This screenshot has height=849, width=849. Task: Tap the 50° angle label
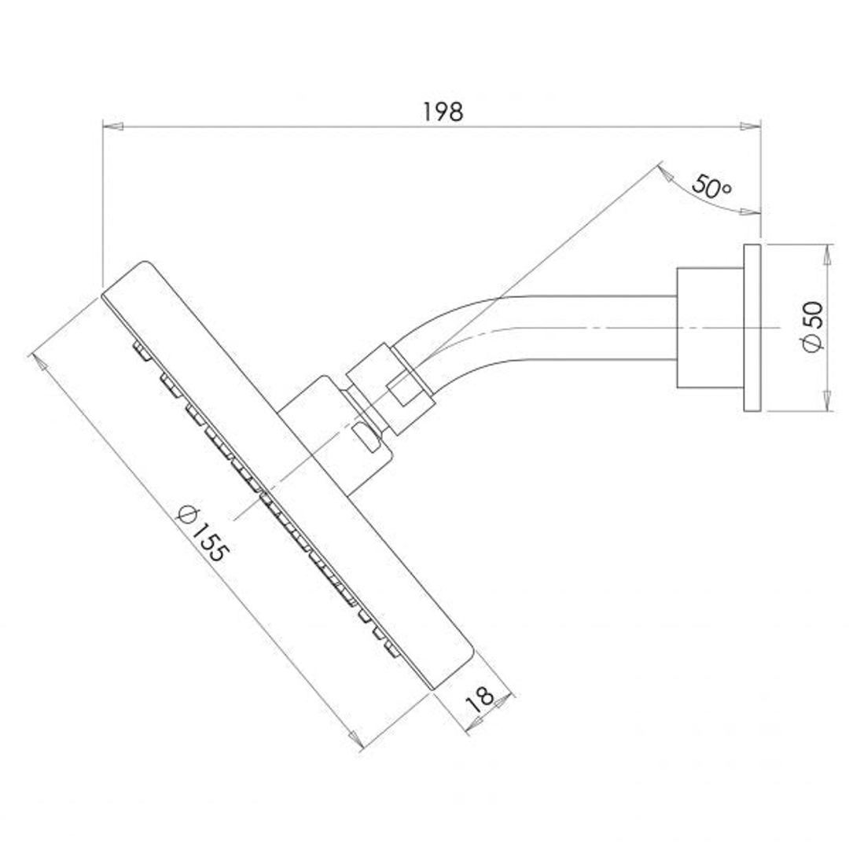[x=711, y=187]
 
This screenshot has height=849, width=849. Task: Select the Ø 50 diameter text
[x=814, y=326]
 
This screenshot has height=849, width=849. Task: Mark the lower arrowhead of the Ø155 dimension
[x=355, y=741]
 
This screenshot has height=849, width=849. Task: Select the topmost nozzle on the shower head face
[x=140, y=350]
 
